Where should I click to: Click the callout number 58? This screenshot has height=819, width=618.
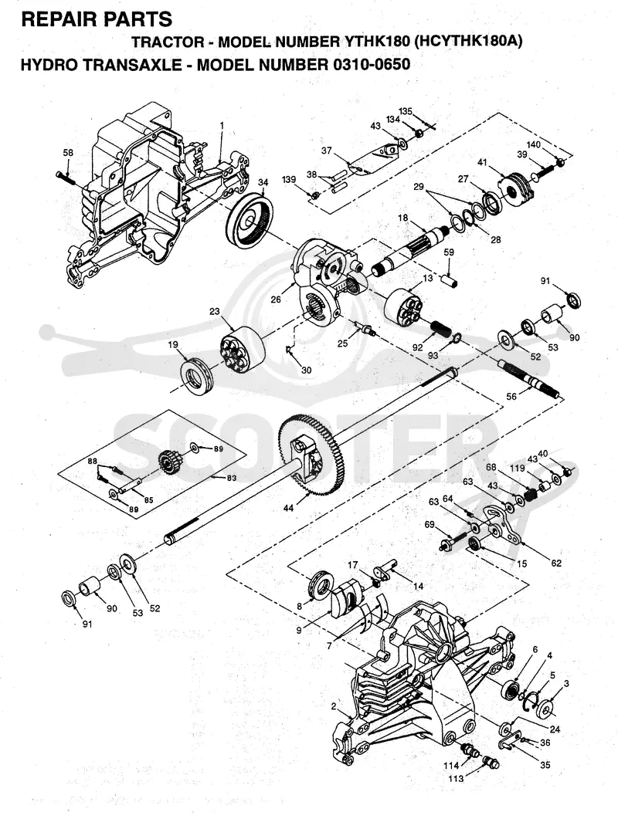pyautogui.click(x=68, y=153)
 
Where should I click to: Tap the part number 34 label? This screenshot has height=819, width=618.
pyautogui.click(x=263, y=182)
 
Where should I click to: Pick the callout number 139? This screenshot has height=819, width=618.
pyautogui.click(x=289, y=180)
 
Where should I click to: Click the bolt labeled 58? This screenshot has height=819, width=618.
pyautogui.click(x=66, y=178)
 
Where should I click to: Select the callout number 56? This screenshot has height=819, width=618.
pyautogui.click(x=511, y=397)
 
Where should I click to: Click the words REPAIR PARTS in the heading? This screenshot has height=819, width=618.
pyautogui.click(x=97, y=19)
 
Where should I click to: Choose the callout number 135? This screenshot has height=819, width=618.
pyautogui.click(x=406, y=111)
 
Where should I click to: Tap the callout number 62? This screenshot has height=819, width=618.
pyautogui.click(x=555, y=563)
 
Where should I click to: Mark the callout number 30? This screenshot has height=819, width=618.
pyautogui.click(x=307, y=370)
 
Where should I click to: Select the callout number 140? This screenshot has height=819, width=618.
pyautogui.click(x=533, y=144)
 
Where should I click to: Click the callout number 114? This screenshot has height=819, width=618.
pyautogui.click(x=452, y=766)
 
